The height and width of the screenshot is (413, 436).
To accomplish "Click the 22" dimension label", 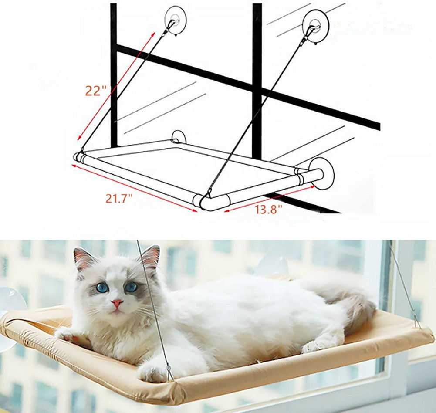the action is click(x=96, y=91).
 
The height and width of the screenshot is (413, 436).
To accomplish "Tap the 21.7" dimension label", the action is click(x=119, y=199).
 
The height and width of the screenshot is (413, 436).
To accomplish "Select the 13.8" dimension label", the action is click(x=268, y=209).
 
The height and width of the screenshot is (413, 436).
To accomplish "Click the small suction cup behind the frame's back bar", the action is click(x=179, y=137).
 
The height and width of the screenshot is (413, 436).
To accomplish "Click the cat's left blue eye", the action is click(x=103, y=288).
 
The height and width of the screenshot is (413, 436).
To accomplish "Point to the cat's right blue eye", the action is click(x=131, y=287).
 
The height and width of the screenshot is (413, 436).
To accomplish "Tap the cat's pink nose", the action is click(x=117, y=303).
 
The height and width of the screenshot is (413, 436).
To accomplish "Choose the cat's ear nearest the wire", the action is click(x=150, y=257).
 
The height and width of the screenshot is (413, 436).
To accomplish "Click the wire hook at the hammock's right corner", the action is click(x=416, y=324).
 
